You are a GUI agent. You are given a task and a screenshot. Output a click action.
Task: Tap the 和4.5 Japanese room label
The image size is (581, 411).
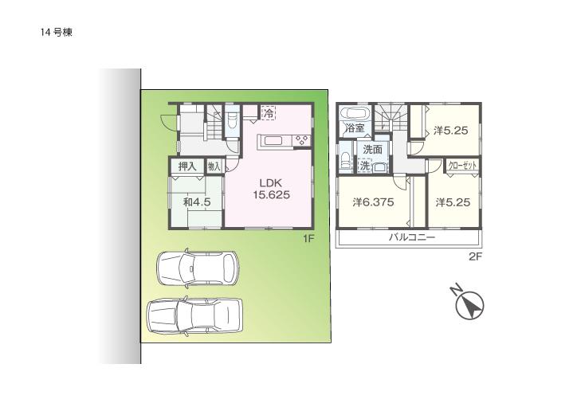[x=196, y=202]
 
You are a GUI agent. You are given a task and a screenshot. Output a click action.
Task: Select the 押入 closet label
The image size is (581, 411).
[x=187, y=166]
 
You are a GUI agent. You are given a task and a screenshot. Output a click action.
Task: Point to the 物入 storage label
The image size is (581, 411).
[x=214, y=166]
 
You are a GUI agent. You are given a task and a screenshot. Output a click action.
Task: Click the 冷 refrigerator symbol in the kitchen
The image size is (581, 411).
[x=269, y=114]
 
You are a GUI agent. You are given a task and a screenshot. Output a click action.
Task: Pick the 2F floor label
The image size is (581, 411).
[x=475, y=256]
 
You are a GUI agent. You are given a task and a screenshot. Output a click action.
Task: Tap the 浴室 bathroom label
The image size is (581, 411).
[x=354, y=127]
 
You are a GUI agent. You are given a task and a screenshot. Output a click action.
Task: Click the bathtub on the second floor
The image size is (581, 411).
[x=353, y=112]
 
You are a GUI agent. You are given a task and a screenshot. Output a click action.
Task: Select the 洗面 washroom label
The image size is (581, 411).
[x=372, y=149]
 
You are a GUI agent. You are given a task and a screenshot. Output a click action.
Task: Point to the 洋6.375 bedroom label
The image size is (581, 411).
[x=374, y=202]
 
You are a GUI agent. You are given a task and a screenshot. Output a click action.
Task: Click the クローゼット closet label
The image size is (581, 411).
[x=463, y=166]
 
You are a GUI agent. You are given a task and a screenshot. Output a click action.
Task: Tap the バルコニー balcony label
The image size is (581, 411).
[x=411, y=237]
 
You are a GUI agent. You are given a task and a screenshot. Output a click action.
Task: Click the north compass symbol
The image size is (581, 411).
[x=470, y=305]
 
